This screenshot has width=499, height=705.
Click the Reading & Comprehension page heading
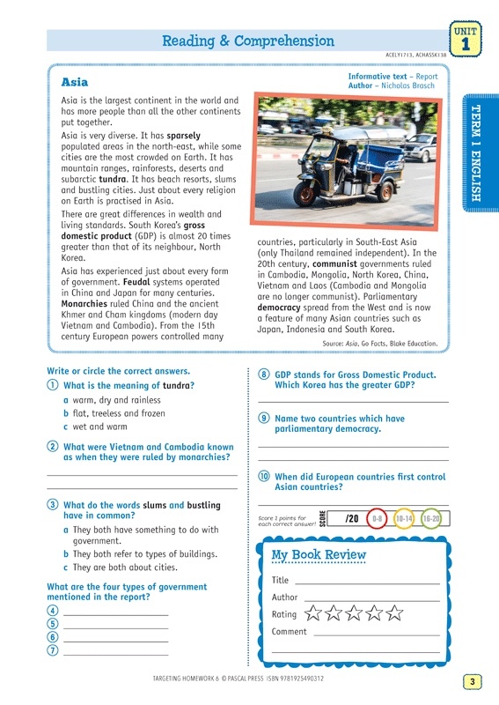coord(248,41)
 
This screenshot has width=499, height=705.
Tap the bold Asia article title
coord(75,82)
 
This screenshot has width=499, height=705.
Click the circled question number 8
coord(264,374)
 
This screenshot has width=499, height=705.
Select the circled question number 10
coord(264,476)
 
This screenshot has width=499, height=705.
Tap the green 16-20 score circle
coord(431,519)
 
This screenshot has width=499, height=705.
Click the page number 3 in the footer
coord(472,681)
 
